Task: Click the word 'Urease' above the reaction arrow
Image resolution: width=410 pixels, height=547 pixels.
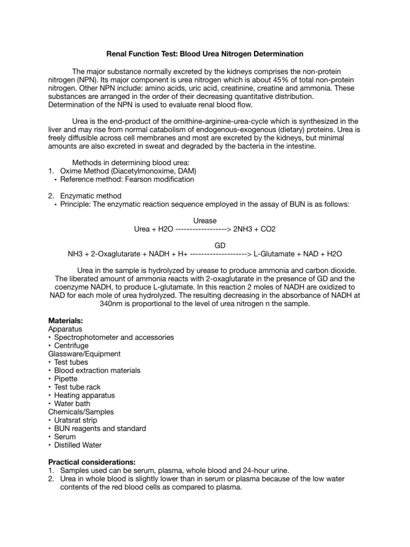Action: (204, 221)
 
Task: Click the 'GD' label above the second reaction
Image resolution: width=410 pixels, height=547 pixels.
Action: (204, 245)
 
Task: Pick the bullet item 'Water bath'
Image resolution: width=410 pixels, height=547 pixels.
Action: (72, 403)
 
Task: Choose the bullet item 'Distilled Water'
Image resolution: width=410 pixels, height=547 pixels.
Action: (78, 445)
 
